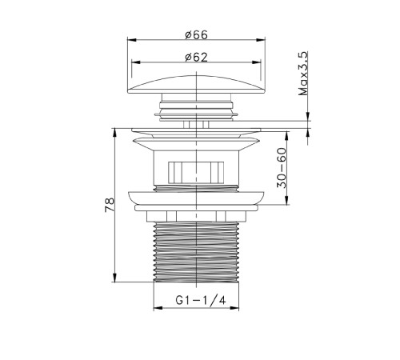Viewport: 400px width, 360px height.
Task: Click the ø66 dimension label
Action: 196,35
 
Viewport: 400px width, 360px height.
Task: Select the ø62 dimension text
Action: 196,57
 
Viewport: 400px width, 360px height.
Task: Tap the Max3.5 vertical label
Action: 303,74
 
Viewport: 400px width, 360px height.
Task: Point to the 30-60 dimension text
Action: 282,168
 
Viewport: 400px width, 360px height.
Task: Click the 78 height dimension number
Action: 110,205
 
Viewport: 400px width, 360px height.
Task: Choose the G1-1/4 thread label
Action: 201,301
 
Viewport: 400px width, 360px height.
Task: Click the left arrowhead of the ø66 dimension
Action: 132,40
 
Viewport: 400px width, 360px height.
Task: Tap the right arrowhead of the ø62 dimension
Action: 257,62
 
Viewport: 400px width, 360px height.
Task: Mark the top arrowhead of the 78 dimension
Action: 114,133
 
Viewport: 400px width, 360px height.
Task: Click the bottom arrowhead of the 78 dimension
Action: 114,278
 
